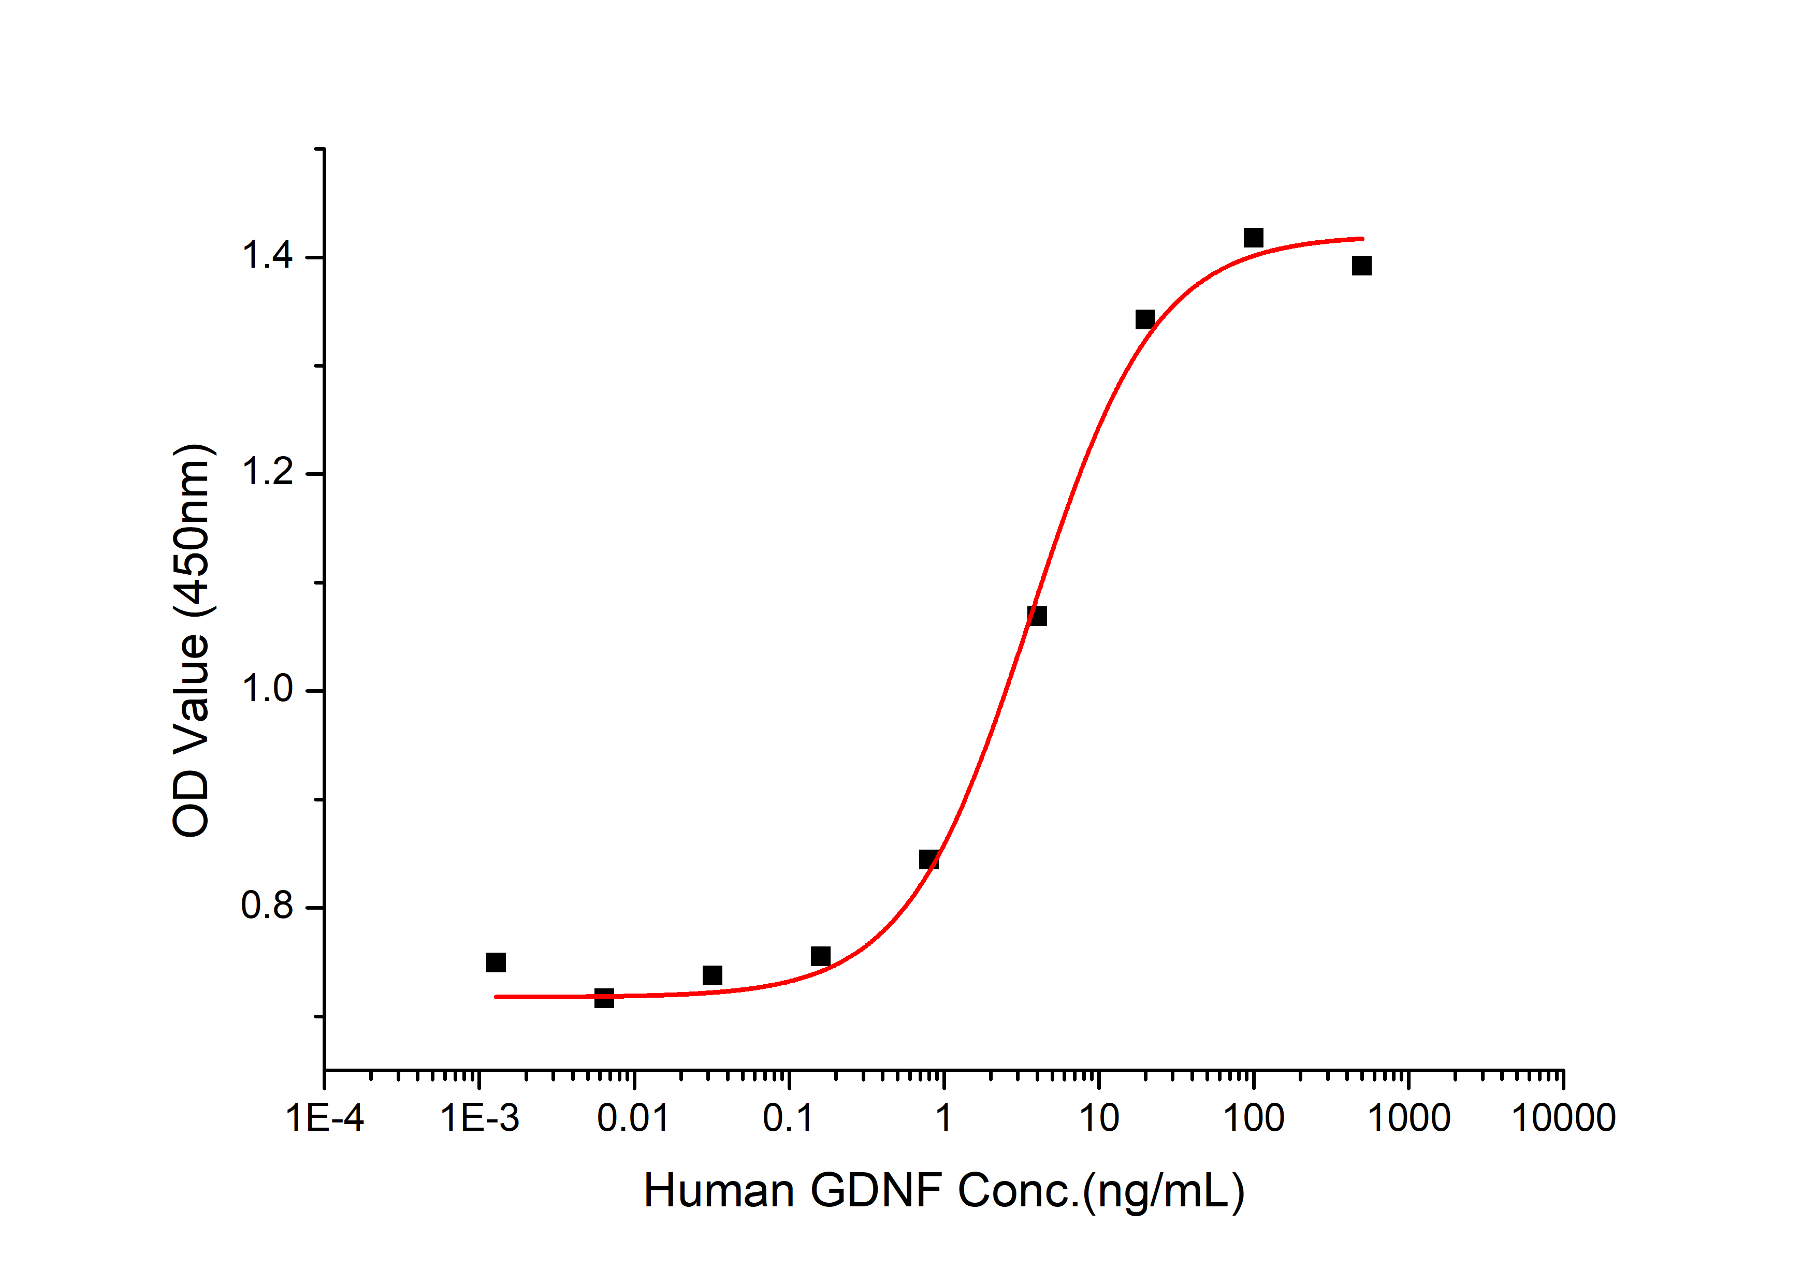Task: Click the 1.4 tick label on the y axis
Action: (267, 256)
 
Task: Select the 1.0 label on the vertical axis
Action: (267, 690)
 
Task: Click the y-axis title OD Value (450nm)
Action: (192, 640)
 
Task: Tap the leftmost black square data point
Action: (496, 962)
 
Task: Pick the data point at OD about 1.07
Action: (1037, 616)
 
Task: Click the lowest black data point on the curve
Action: (604, 998)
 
